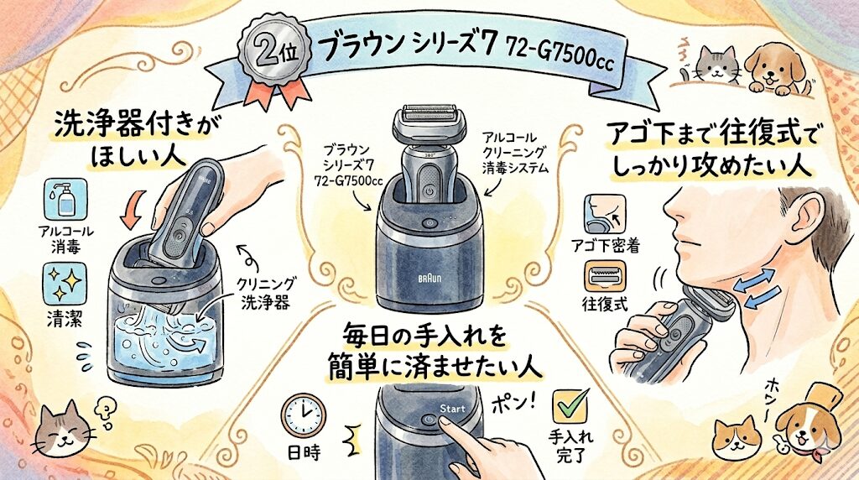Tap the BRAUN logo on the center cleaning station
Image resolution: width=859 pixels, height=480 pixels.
coord(429,279)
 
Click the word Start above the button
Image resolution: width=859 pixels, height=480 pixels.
coord(452,409)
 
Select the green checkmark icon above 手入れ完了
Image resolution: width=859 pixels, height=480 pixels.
coord(570,407)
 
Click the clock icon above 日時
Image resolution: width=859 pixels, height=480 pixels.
coord(304,416)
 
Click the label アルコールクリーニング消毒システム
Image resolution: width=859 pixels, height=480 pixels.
coord(515,153)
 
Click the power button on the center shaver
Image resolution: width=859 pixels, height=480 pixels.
coord(429,192)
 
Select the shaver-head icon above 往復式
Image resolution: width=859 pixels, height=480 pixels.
coord(604,275)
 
